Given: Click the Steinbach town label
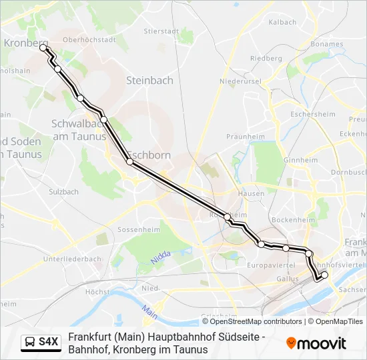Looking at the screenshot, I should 149,81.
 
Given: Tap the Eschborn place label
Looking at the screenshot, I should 149,155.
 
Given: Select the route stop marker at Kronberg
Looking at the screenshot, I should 43,47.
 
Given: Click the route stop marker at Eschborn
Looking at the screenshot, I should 129,161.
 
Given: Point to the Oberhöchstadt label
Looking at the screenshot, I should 89,39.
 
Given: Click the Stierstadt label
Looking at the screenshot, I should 160,31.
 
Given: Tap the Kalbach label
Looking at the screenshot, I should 282,22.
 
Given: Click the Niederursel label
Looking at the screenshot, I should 240,81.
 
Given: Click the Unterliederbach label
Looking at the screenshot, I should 71,259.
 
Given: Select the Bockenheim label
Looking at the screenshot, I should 288,219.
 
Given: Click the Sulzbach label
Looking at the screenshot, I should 63,192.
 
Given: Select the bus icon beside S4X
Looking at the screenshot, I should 31,343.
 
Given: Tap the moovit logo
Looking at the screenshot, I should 316,343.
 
